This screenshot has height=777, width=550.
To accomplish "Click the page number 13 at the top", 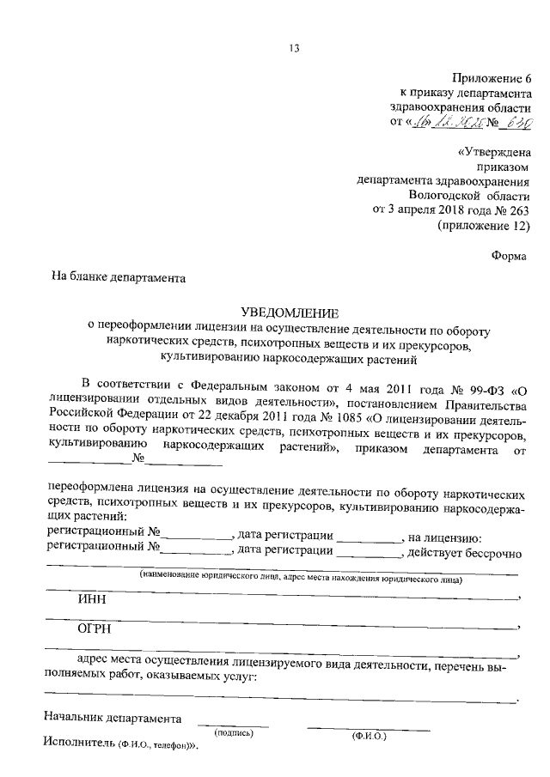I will [293, 48].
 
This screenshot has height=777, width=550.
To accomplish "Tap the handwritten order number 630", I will [516, 123].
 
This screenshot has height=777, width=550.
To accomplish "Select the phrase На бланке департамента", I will [119, 278].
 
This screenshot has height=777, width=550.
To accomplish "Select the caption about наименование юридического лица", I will [302, 580].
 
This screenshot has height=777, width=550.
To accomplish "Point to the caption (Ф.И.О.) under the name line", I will [370, 736].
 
